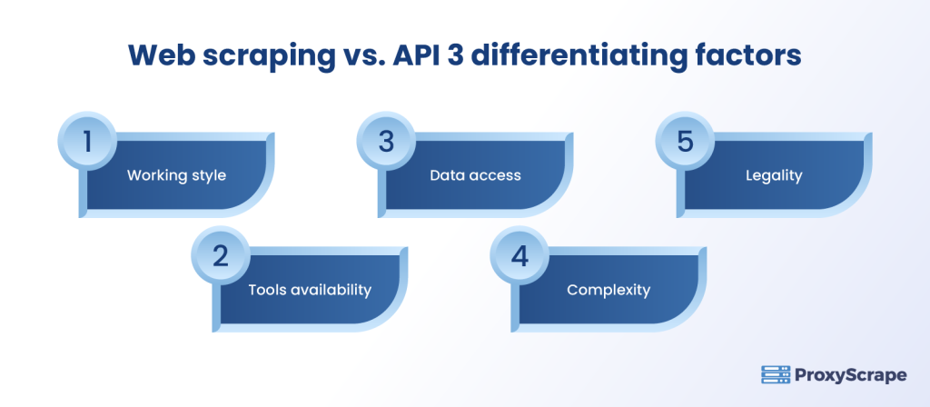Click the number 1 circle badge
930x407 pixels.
click(x=88, y=144)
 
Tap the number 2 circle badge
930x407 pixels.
click(x=220, y=257)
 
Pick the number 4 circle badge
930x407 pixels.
click(x=519, y=257)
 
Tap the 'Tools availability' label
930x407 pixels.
click(x=310, y=290)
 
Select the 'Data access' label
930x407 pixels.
click(x=475, y=175)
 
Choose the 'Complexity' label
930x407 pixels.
click(x=608, y=290)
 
